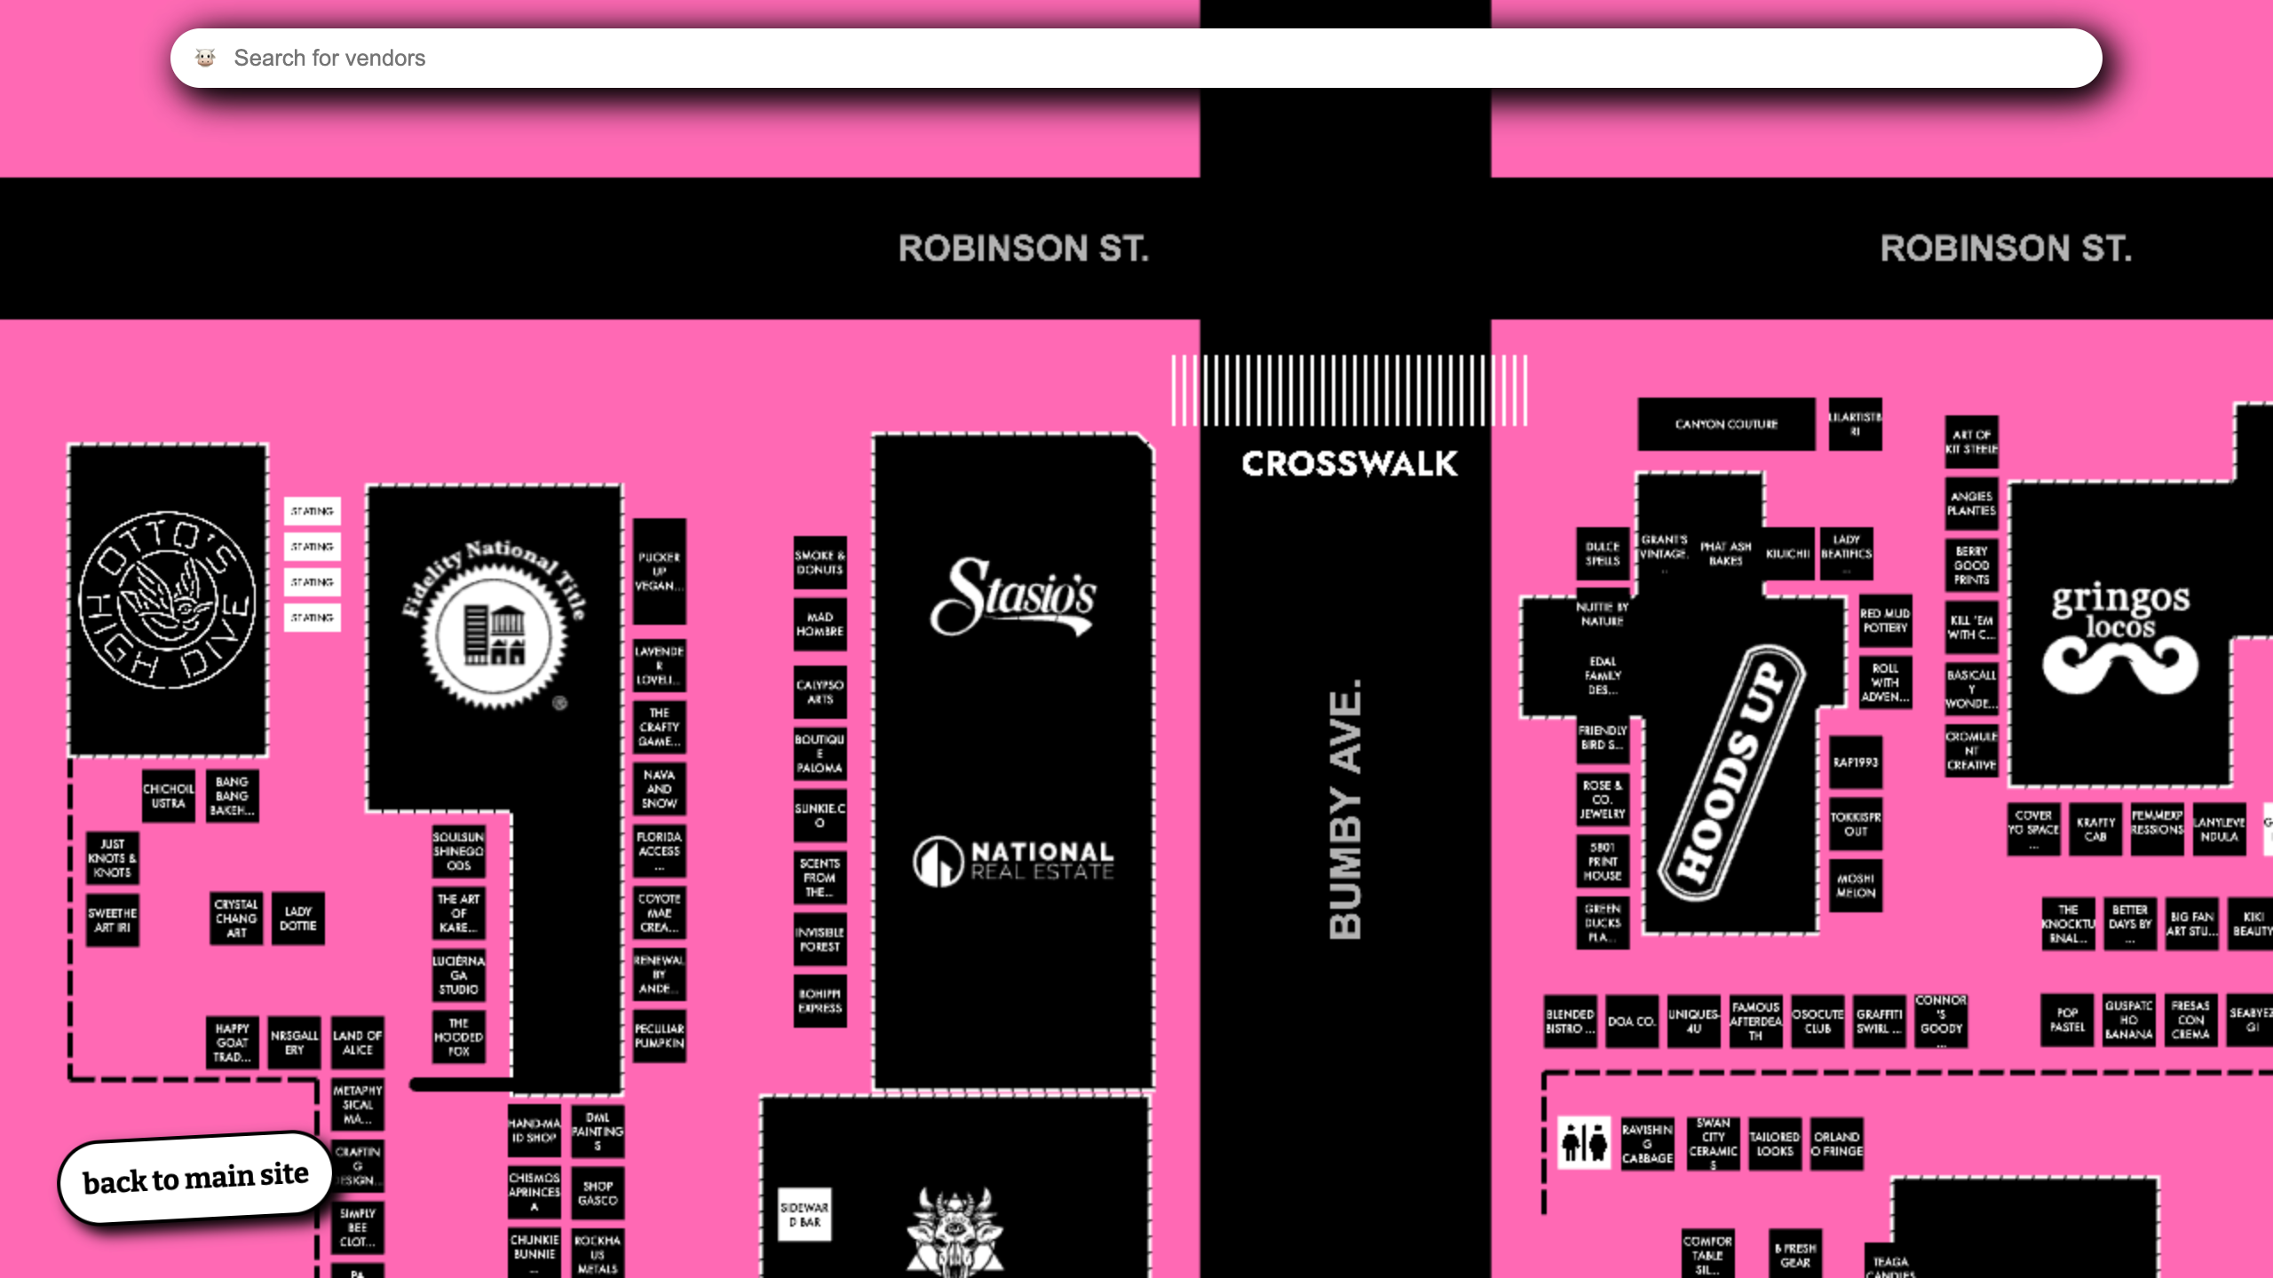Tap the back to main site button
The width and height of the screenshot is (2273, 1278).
pos(195,1179)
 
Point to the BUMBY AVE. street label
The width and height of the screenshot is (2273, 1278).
pos(1345,809)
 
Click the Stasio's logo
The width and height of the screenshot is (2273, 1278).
pos(1013,597)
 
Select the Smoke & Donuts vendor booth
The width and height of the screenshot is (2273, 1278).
pos(820,563)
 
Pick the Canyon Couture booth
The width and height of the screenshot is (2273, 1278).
pos(1726,424)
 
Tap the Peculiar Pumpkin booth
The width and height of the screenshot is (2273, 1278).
pos(659,1036)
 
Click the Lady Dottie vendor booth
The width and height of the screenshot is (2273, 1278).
pos(298,919)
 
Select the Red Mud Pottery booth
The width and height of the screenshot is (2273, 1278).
pos(1885,620)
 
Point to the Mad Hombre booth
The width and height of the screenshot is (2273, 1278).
pos(820,624)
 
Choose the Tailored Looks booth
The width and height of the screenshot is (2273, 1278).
pos(1774,1143)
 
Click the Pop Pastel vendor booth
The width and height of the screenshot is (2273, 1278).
pos(2067,1020)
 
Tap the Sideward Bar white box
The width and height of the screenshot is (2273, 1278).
pos(804,1215)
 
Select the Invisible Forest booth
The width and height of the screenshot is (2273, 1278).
pos(820,940)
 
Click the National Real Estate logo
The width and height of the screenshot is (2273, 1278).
pos(1013,861)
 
